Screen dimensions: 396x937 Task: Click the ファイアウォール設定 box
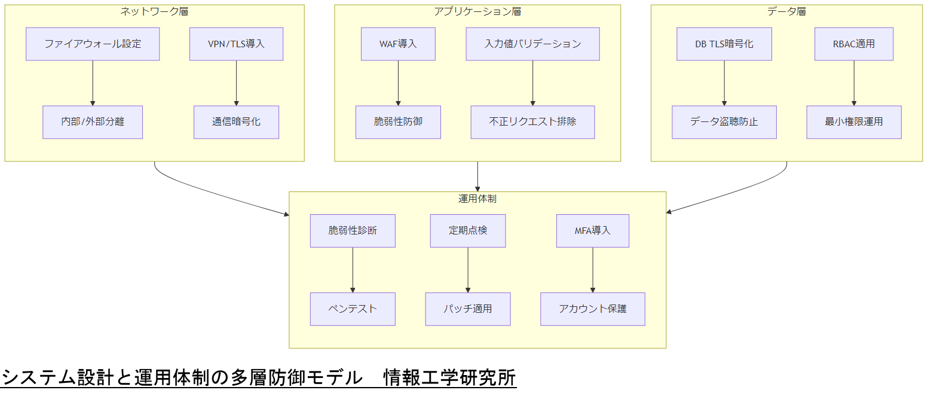pyautogui.click(x=93, y=44)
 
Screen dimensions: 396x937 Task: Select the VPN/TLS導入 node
pyautogui.click(x=236, y=44)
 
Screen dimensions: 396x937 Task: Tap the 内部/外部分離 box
pyautogui.click(x=93, y=122)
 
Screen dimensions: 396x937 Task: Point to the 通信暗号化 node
pyautogui.click(x=236, y=122)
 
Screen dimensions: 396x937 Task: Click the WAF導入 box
pyautogui.click(x=398, y=44)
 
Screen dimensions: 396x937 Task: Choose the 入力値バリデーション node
pyautogui.click(x=532, y=44)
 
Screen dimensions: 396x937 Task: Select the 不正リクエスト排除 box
pyautogui.click(x=532, y=122)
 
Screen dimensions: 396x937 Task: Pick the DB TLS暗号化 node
pyautogui.click(x=724, y=44)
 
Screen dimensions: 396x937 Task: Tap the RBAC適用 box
pyautogui.click(x=853, y=44)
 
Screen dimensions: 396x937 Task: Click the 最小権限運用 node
pyautogui.click(x=853, y=122)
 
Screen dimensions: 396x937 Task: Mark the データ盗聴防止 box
pyautogui.click(x=724, y=122)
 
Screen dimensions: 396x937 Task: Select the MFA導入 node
pyautogui.click(x=592, y=230)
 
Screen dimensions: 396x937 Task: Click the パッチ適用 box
pyautogui.click(x=467, y=309)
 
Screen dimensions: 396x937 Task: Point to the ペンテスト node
pyautogui.click(x=353, y=309)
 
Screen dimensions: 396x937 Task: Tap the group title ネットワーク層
pyautogui.click(x=154, y=11)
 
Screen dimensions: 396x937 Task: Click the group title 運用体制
pyautogui.click(x=477, y=198)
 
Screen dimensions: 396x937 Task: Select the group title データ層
pyautogui.click(x=786, y=11)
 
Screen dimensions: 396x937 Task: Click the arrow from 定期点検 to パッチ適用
pyautogui.click(x=467, y=269)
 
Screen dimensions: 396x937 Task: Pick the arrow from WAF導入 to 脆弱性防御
pyautogui.click(x=398, y=83)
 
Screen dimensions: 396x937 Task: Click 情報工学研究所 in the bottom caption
pyautogui.click(x=449, y=377)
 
